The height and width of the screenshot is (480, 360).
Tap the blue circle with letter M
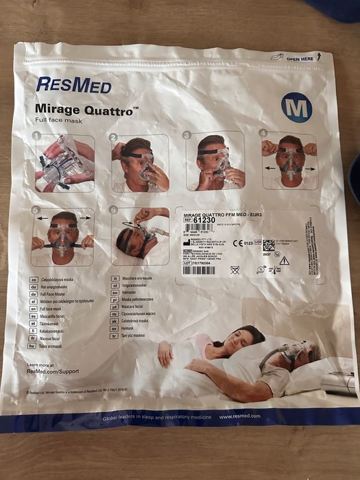click(296, 107)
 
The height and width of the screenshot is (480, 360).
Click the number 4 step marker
click(263, 132)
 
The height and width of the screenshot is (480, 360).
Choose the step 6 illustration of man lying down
click(141, 237)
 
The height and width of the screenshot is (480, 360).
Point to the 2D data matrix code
click(268, 245)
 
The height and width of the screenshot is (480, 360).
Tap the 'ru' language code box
click(115, 313)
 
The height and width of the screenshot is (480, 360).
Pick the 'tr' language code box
click(115, 335)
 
